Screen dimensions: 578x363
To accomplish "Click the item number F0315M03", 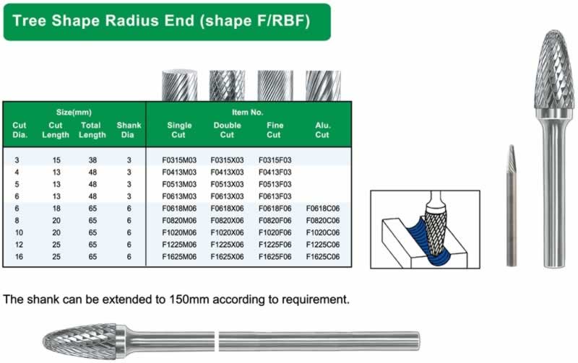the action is (x=179, y=160).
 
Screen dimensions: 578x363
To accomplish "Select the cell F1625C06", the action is (x=323, y=257).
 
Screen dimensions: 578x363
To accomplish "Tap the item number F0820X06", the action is (x=227, y=221).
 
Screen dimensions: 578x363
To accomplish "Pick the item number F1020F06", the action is (x=275, y=232).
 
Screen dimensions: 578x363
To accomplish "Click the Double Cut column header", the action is (x=227, y=130).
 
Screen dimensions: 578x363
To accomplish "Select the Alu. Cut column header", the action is (x=322, y=130).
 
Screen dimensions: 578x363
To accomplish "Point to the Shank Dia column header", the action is (x=129, y=130).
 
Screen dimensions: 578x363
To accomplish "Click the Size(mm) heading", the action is (x=74, y=113).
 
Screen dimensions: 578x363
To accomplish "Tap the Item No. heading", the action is (x=247, y=113).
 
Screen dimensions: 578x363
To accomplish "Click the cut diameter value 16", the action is (x=20, y=257).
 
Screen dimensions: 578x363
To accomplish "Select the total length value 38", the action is (x=92, y=160).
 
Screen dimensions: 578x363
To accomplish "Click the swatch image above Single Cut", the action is (x=179, y=85).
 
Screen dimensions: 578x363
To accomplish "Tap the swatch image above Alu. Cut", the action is (x=323, y=85).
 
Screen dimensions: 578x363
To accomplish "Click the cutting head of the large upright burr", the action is (x=554, y=74).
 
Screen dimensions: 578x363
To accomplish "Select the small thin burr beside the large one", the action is (x=511, y=206).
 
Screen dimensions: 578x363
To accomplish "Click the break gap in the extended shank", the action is (x=217, y=341).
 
